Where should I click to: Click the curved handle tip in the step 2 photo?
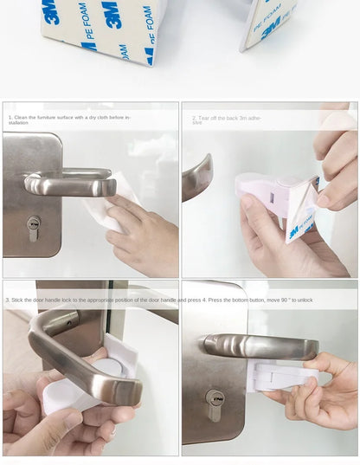198,178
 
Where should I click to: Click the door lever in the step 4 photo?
260,346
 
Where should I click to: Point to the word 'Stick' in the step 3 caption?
18,300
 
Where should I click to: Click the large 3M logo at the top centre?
113,14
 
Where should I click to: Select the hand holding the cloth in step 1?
143,234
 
